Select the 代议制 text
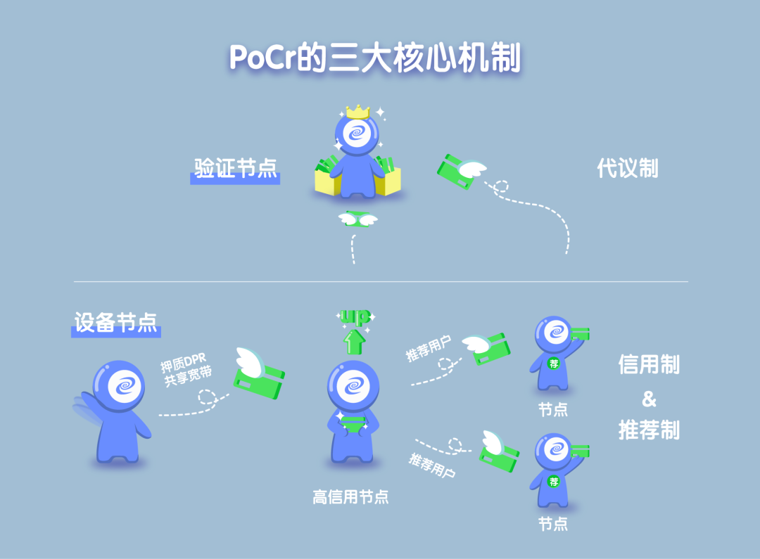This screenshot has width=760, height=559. point(627,168)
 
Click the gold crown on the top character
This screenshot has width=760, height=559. point(358,111)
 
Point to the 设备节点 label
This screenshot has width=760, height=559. point(116,321)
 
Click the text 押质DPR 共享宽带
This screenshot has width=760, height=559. point(187,370)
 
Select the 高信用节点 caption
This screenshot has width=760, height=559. point(350,497)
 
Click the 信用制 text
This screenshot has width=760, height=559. point(649,364)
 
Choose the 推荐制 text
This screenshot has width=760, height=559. point(649,429)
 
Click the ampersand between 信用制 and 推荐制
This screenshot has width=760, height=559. point(648,399)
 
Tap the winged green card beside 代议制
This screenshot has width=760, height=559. point(460,172)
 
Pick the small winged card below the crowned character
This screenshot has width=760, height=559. point(357,219)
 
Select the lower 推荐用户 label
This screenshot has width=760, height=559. point(431,465)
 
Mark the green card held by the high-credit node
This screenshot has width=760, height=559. point(353,425)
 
